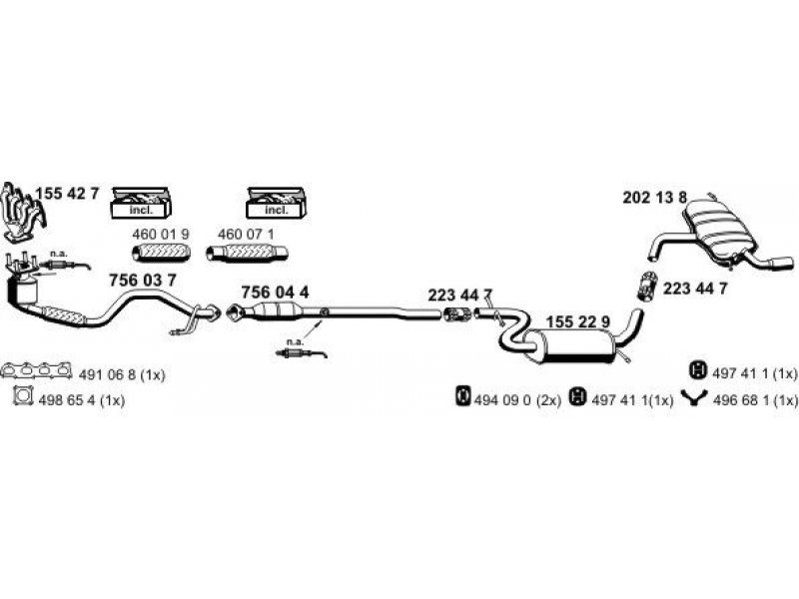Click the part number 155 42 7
(x=68, y=195)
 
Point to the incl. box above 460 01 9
(x=141, y=205)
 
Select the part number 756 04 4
(x=276, y=291)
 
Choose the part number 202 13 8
(x=654, y=199)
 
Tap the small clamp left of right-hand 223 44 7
(x=647, y=287)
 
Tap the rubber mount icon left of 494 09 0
(x=463, y=398)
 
